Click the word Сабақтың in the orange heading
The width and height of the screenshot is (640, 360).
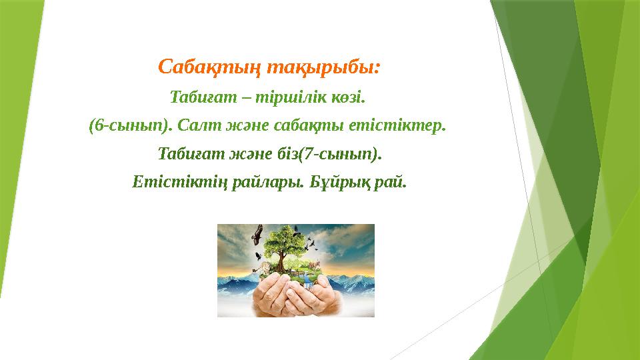[x=209, y=67]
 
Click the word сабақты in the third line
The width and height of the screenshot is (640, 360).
[x=301, y=126]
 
